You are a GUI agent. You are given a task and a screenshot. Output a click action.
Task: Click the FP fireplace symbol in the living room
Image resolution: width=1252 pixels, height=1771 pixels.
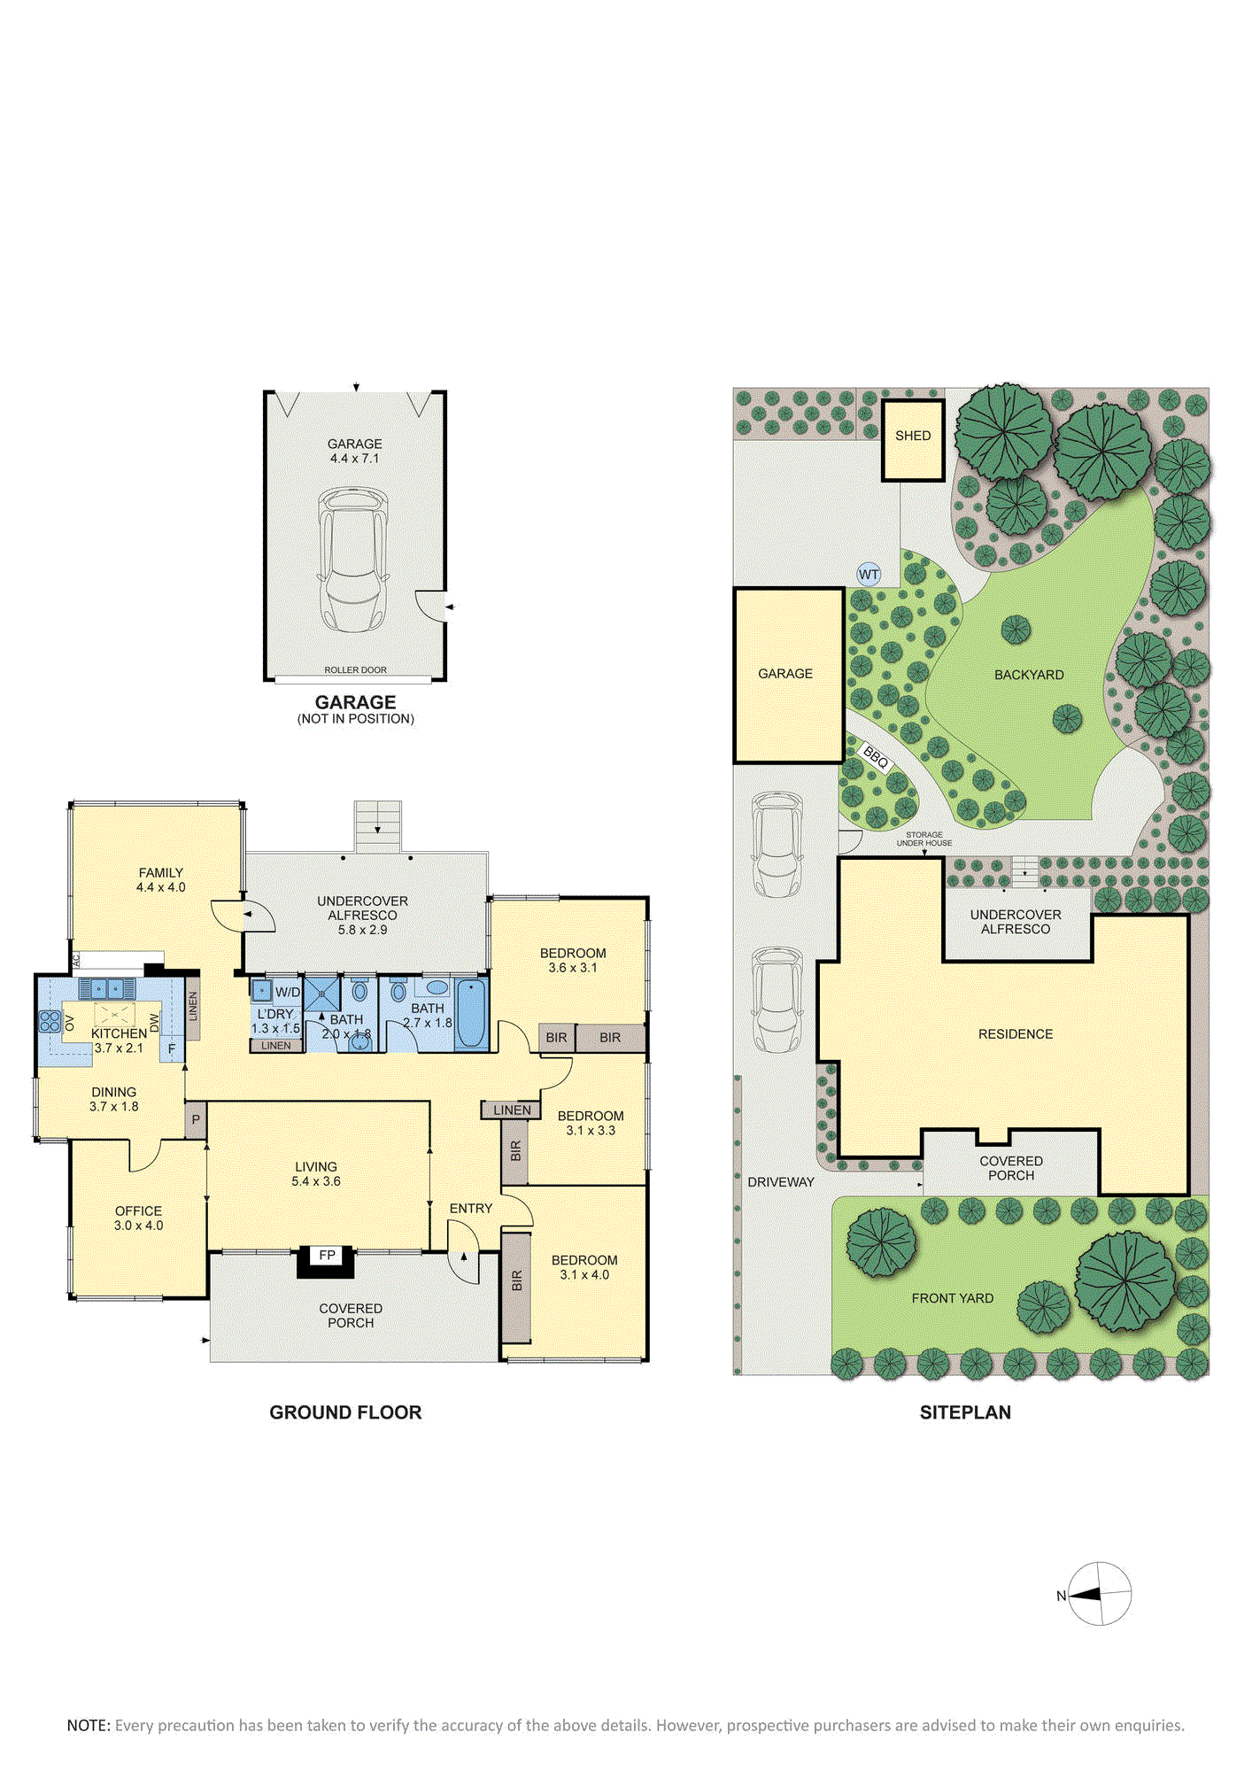tap(326, 1261)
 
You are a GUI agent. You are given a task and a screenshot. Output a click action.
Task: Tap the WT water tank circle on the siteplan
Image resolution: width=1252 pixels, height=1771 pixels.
tap(869, 575)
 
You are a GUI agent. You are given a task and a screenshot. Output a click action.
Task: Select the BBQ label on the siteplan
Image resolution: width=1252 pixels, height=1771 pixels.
tap(876, 758)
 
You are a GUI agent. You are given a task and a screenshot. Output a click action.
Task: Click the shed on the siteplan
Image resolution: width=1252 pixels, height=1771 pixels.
tap(913, 440)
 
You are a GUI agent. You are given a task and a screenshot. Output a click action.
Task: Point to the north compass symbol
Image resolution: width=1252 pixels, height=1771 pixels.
tap(1099, 1594)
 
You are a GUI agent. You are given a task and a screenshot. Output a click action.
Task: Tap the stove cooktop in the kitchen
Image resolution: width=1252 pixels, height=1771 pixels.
tap(50, 1021)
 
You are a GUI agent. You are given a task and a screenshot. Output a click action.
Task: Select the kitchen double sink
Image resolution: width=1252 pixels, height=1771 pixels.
tap(107, 988)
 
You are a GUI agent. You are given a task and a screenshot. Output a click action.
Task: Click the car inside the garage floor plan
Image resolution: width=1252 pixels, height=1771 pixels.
tap(354, 559)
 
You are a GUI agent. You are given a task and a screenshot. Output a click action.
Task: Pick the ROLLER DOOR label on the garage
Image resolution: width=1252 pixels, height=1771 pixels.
tap(355, 670)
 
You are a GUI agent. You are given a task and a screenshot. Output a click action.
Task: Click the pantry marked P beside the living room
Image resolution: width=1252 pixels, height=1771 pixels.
tap(196, 1120)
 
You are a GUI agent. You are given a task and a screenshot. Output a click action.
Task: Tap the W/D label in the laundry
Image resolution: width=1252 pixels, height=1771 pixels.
tap(288, 993)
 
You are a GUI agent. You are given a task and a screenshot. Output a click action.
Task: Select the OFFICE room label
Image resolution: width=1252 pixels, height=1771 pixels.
tap(138, 1210)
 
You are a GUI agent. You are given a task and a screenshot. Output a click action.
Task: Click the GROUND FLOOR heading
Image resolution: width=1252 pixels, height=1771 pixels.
tap(345, 1412)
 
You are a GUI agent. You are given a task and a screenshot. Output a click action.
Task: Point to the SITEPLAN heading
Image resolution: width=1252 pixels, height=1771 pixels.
tap(965, 1412)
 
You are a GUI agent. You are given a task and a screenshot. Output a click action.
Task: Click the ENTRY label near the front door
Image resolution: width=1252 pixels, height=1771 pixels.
tap(471, 1208)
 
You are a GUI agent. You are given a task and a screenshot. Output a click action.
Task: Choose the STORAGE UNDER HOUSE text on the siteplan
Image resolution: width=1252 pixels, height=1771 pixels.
tap(924, 839)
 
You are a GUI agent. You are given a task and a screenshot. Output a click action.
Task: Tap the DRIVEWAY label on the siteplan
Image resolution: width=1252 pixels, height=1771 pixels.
tap(781, 1182)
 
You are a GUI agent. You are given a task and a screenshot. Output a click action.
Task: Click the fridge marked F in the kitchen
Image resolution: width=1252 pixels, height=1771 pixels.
tap(172, 1049)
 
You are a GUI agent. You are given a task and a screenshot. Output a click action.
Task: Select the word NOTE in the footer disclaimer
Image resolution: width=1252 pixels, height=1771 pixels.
tap(88, 1725)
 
